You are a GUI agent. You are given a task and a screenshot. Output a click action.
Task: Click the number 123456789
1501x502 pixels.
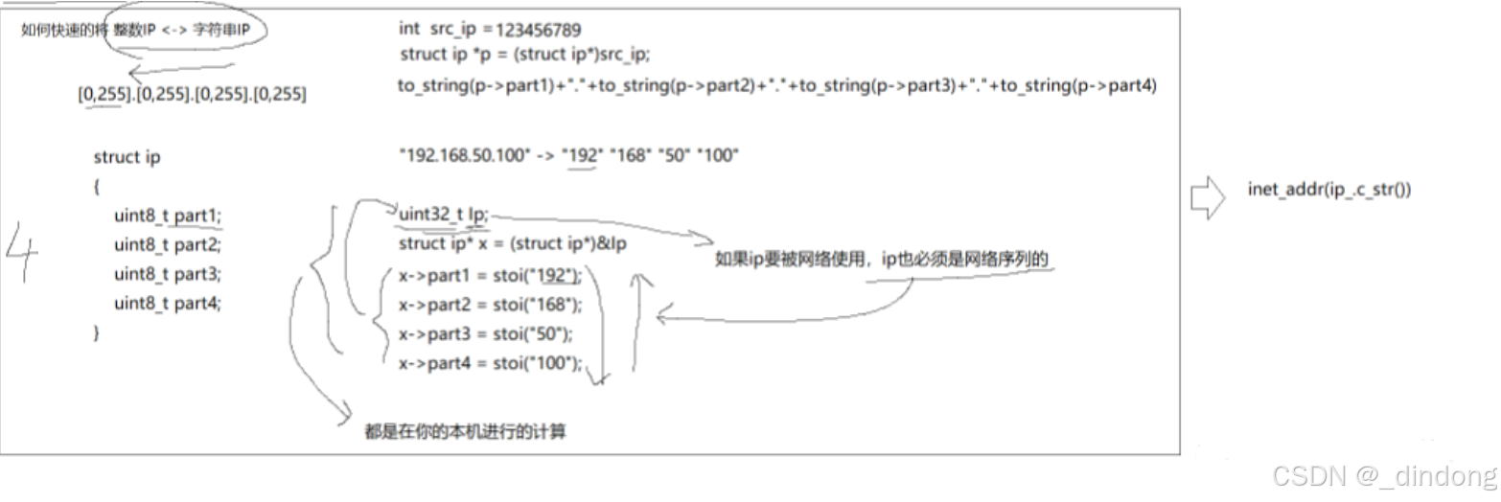539,30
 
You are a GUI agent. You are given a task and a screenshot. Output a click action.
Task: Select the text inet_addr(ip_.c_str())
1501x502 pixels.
1328,190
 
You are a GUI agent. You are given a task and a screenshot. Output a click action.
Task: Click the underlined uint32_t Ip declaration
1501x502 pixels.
443,216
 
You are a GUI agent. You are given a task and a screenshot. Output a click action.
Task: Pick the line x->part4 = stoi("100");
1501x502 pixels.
490,362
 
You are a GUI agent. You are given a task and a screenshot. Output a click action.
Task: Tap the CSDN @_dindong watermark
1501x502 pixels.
1382,474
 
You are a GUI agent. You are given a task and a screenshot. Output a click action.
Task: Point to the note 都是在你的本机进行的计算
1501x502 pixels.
465,432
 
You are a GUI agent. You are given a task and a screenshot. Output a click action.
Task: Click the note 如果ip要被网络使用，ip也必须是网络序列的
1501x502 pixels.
887,261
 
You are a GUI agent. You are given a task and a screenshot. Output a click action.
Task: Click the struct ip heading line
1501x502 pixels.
127,157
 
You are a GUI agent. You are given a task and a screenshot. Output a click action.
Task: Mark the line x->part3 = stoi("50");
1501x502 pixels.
485,333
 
